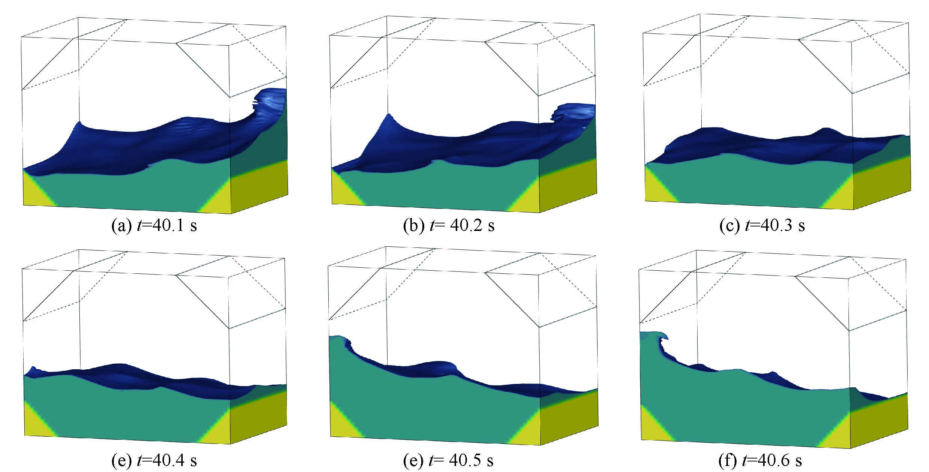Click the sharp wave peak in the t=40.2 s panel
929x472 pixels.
[x=389, y=114]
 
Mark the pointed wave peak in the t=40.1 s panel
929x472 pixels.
[x=79, y=122]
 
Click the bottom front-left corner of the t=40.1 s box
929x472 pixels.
[x=24, y=205]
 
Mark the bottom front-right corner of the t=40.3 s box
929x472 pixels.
[x=854, y=210]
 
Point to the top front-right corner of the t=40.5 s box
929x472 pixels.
[x=539, y=275]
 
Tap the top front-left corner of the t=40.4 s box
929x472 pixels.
[x=22, y=269]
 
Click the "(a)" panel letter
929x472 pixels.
[x=122, y=226]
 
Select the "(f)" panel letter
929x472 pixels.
[x=728, y=461]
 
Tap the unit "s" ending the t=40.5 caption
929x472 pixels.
[x=490, y=461]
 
